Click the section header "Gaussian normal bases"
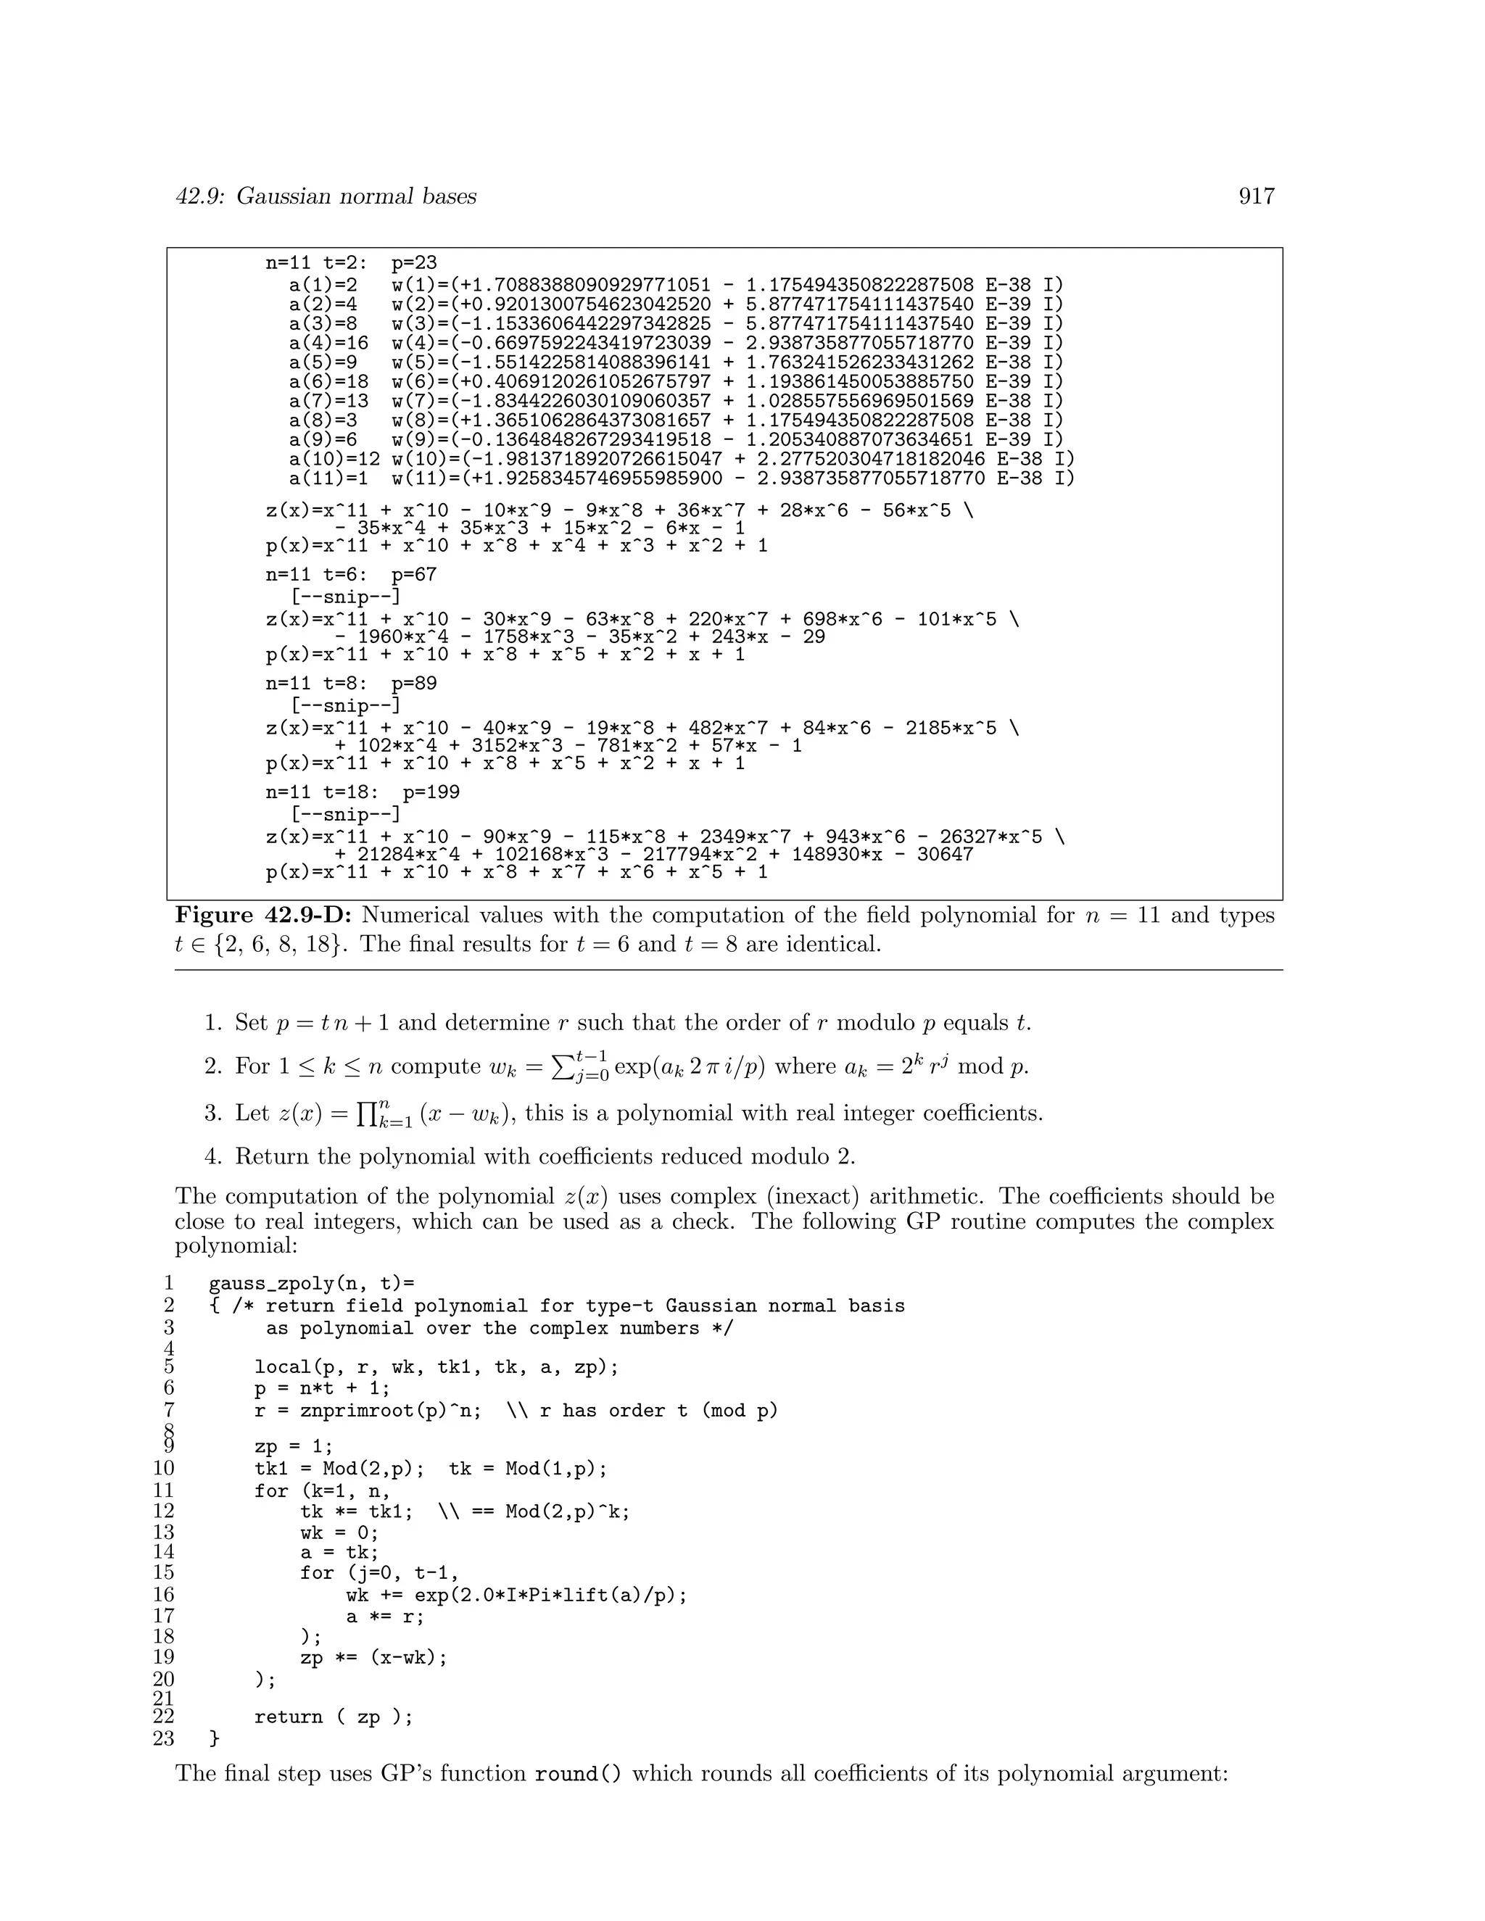[355, 196]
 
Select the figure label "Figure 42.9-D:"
[263, 916]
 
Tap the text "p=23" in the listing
[413, 263]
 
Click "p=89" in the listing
[413, 684]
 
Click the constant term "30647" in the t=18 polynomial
[945, 854]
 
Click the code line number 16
[164, 1595]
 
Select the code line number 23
[164, 1739]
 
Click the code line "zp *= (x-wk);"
[373, 1658]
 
